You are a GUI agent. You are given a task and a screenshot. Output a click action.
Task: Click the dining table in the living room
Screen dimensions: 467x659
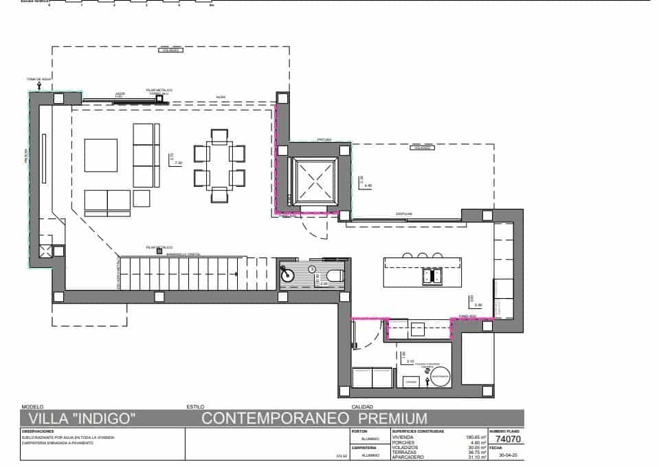[x=219, y=166]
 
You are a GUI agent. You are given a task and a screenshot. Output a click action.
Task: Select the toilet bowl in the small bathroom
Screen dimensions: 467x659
[x=334, y=275]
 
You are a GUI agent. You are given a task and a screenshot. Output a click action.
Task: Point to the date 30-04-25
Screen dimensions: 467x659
[x=507, y=455]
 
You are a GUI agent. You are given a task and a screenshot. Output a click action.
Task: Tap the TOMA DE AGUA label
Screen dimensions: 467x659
[x=39, y=80]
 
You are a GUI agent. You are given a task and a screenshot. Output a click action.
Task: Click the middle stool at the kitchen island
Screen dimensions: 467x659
[x=421, y=255]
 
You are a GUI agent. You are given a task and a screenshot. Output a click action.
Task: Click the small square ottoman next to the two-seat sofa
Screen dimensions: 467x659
[x=142, y=198]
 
